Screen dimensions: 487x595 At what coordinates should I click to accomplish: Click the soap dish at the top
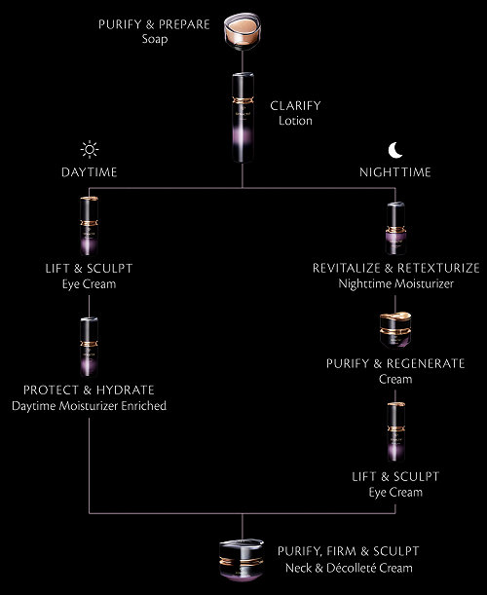tap(242, 31)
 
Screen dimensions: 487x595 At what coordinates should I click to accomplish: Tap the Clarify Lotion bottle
tap(243, 118)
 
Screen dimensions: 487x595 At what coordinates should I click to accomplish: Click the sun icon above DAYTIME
tap(90, 150)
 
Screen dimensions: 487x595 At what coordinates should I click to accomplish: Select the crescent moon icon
tap(395, 150)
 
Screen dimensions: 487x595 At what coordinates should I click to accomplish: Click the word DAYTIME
tap(90, 172)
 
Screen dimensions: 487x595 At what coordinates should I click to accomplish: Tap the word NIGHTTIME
tap(395, 172)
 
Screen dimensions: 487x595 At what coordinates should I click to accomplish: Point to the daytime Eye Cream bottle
tap(90, 226)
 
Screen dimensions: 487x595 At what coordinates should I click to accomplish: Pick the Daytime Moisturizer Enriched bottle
tap(90, 347)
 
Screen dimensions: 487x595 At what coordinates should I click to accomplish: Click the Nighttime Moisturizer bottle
tap(395, 229)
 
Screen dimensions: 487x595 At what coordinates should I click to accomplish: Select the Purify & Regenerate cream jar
tap(395, 330)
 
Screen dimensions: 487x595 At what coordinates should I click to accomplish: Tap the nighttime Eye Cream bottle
tap(395, 431)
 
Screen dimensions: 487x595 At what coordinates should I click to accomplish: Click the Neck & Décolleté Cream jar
tap(242, 560)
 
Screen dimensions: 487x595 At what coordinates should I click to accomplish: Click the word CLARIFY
tap(295, 106)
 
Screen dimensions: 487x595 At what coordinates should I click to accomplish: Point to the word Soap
tap(155, 39)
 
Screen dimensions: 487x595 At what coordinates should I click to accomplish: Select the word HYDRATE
tap(125, 390)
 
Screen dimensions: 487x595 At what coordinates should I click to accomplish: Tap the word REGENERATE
tap(426, 363)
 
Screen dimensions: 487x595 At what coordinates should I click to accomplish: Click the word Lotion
tap(295, 121)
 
